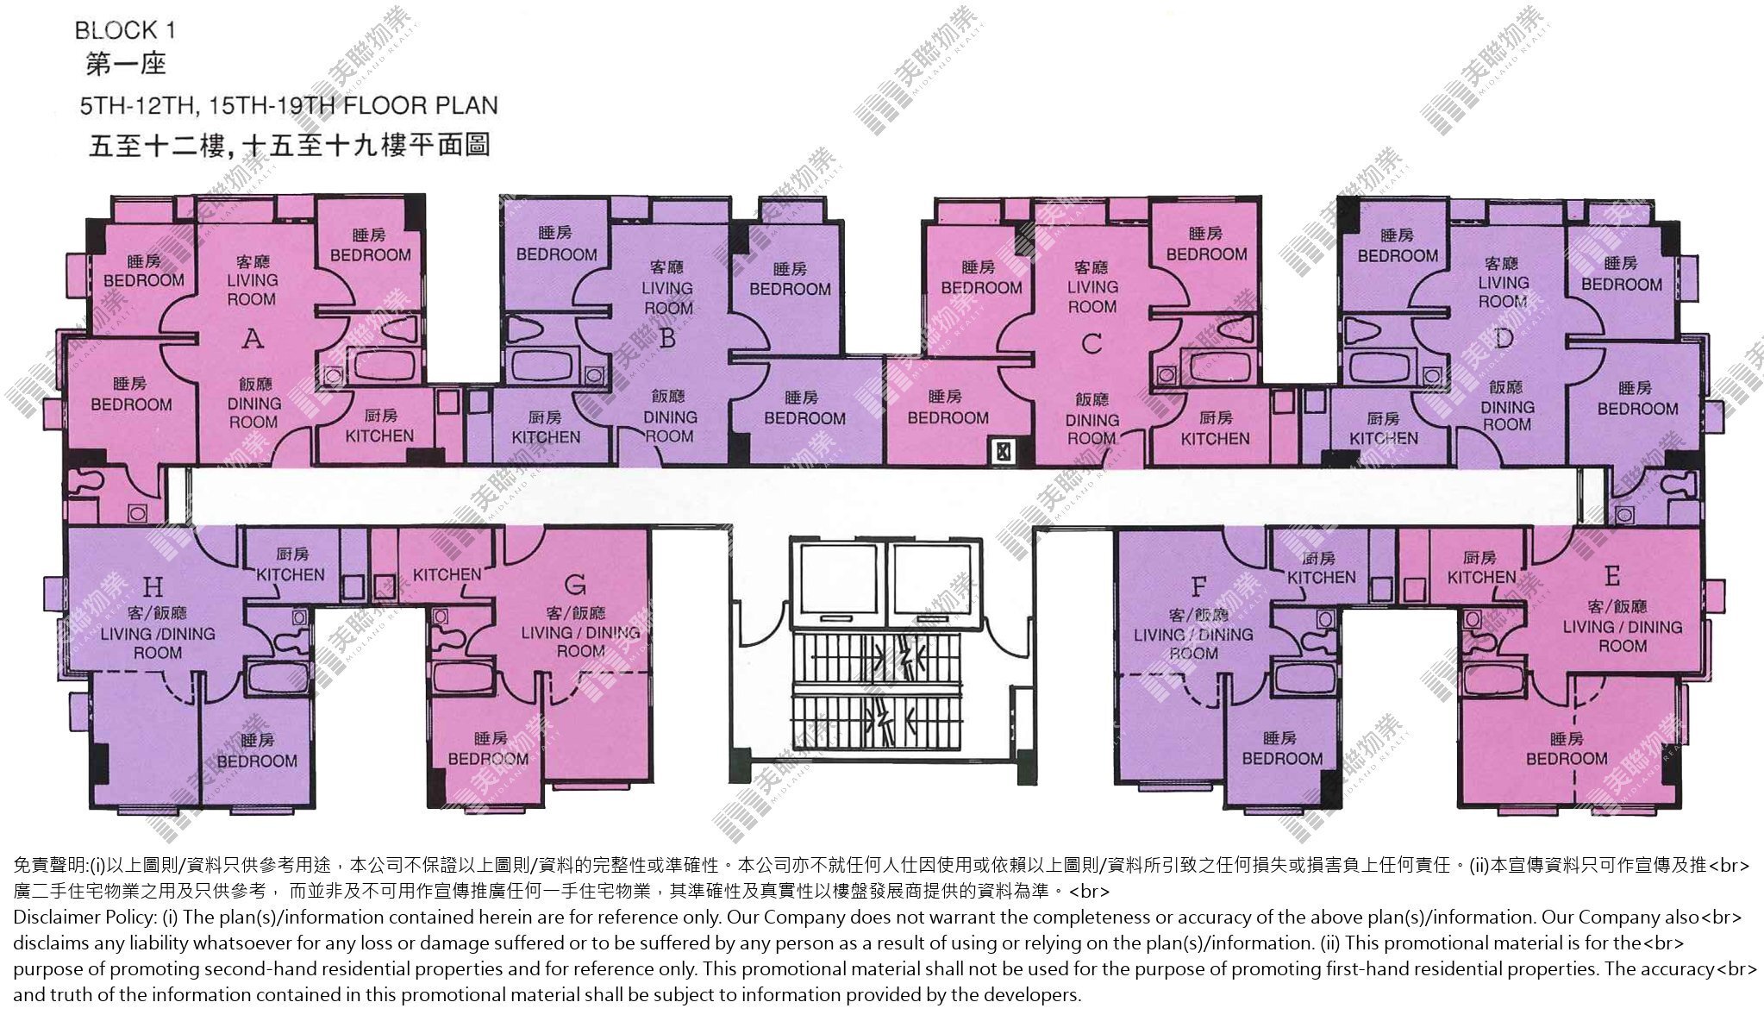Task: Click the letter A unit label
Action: click(253, 339)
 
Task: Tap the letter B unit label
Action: click(666, 339)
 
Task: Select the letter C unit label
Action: click(1092, 344)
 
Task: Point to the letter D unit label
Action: click(1504, 338)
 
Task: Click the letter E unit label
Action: click(1612, 575)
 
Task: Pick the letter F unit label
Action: click(1198, 588)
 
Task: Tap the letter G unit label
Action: click(575, 586)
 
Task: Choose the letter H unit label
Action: click(153, 588)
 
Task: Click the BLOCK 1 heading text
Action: click(125, 31)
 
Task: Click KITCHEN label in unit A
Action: click(379, 436)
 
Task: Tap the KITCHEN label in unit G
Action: click(447, 574)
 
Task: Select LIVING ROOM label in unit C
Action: click(1092, 297)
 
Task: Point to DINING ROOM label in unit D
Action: click(1507, 416)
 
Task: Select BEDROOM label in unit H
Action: click(257, 761)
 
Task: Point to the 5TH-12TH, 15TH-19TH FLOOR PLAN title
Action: click(289, 106)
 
